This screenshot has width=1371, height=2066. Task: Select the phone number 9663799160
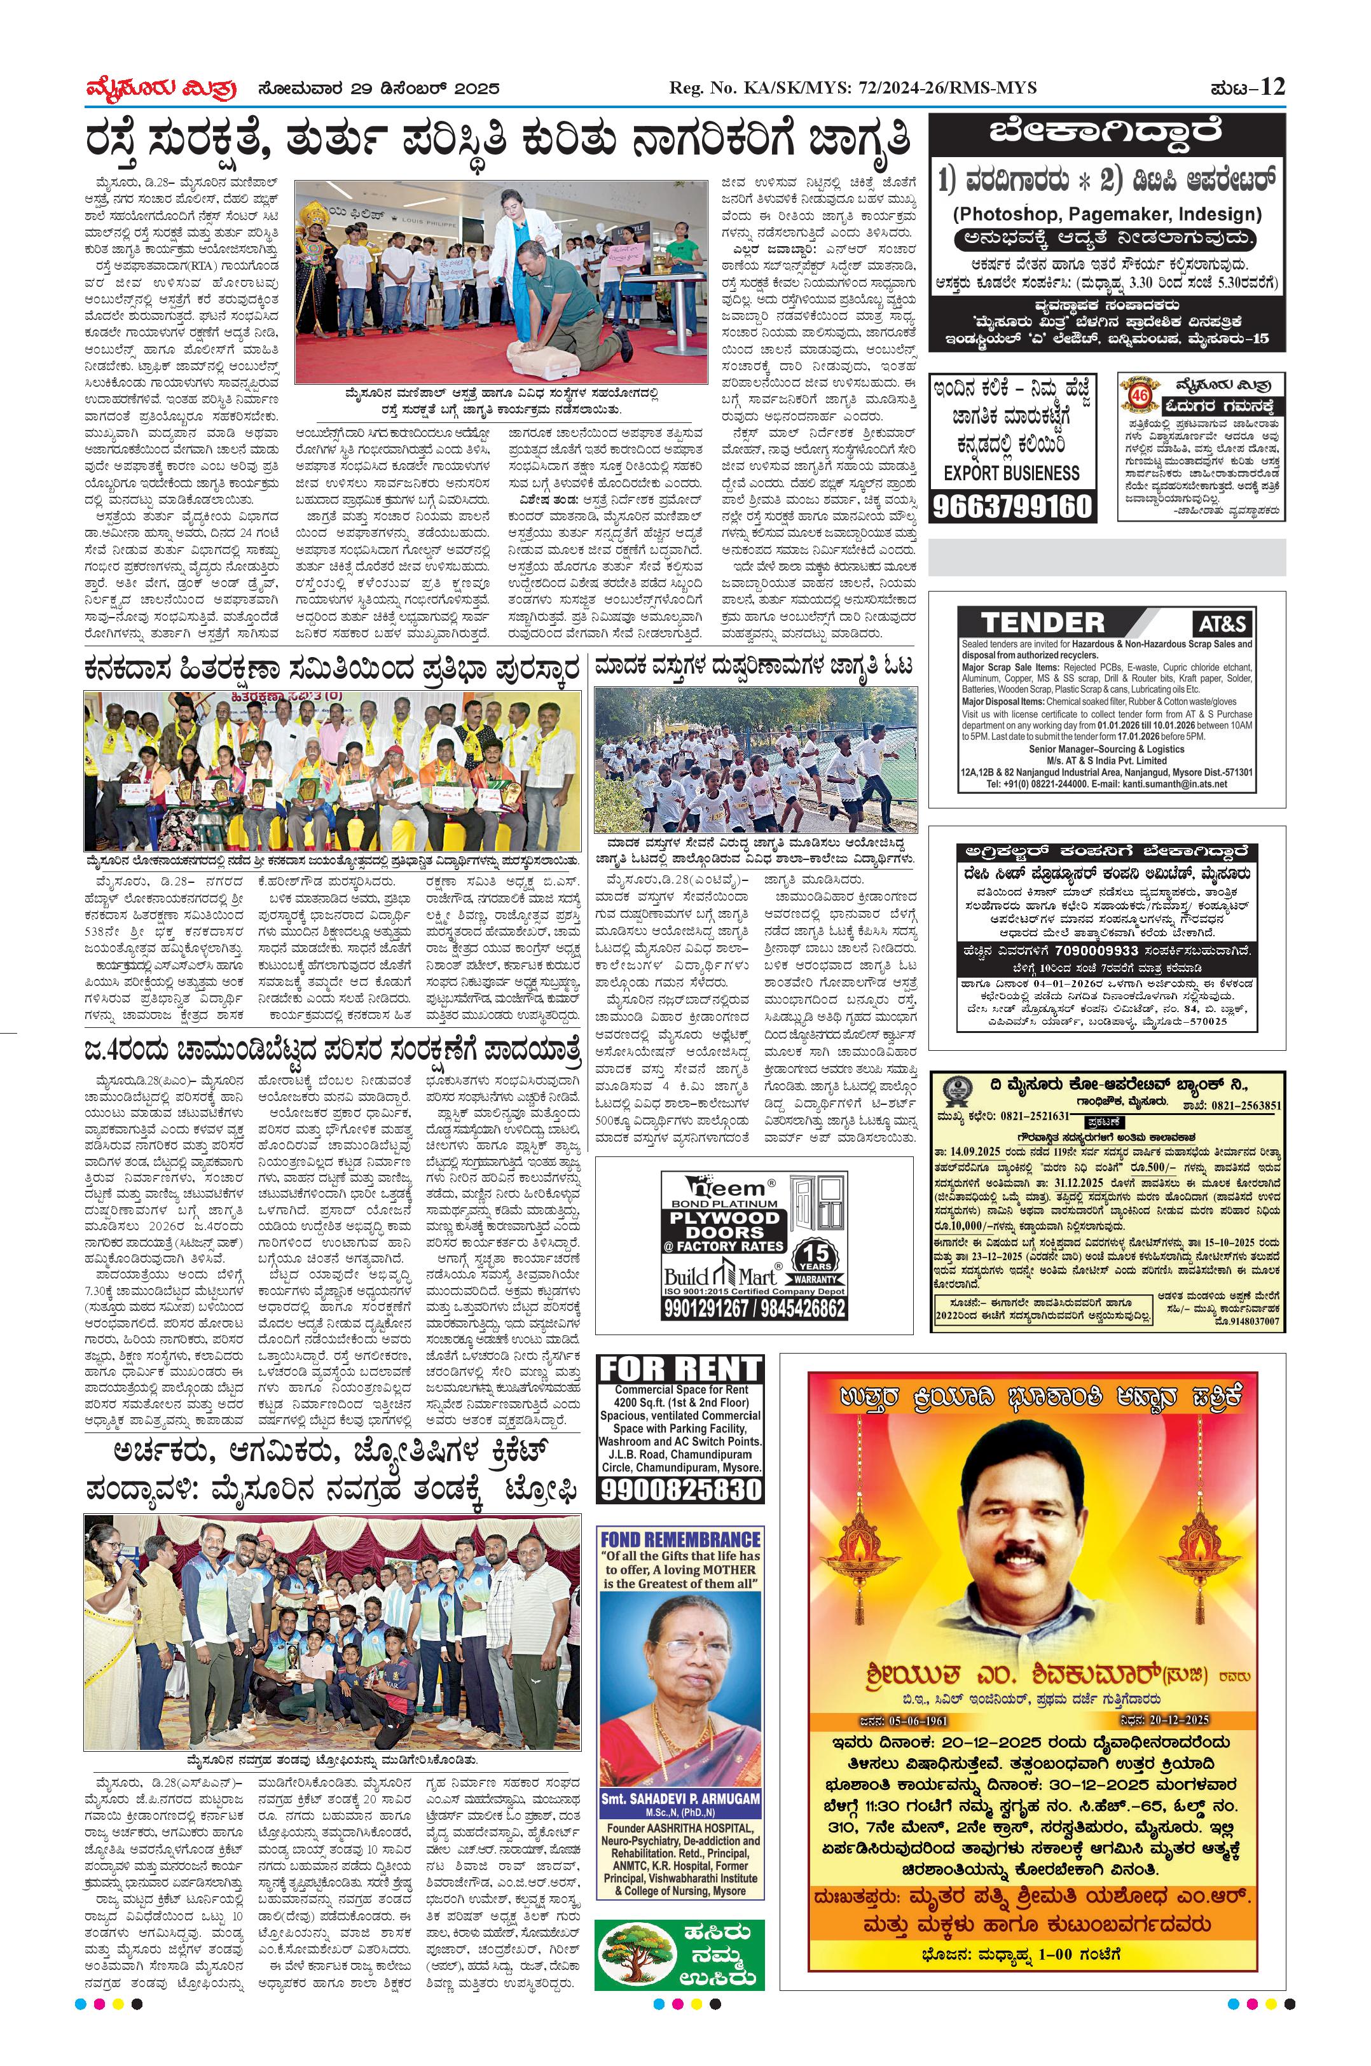click(1012, 506)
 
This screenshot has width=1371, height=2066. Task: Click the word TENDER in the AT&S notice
click(1042, 623)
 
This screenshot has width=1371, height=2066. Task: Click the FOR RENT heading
click(679, 1369)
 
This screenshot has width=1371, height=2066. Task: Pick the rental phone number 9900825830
click(679, 1490)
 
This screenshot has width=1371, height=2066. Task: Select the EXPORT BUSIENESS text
click(1012, 473)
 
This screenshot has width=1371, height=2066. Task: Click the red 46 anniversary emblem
click(1140, 399)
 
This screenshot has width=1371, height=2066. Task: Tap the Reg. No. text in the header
click(851, 88)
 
